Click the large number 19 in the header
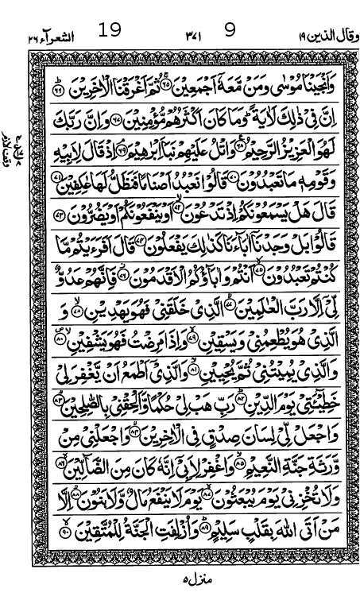pyautogui.click(x=110, y=31)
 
